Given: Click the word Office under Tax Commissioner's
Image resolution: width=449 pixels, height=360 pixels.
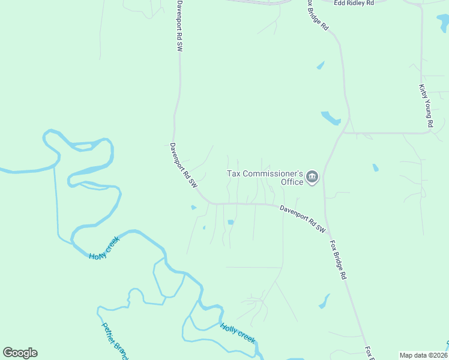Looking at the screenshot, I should [292, 182].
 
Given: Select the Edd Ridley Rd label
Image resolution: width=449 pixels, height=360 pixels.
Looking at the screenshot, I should [354, 3].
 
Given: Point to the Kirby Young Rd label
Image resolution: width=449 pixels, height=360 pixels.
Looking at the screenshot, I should [426, 106].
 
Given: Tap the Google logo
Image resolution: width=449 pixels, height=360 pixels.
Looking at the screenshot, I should [20, 353].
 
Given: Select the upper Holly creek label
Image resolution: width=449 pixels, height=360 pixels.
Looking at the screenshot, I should [104, 247].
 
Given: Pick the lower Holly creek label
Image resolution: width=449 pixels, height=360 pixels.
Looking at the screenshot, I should [238, 334].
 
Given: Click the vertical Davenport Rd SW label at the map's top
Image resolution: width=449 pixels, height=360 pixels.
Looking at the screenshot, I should [179, 26].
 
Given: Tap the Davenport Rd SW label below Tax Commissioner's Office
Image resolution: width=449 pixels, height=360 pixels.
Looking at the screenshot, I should [303, 219].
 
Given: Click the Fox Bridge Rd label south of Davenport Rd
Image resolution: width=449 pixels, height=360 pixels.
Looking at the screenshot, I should [338, 260].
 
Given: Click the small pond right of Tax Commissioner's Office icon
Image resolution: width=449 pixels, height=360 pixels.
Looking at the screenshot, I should [376, 167].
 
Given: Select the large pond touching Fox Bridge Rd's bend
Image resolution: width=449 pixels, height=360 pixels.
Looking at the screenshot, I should [331, 118].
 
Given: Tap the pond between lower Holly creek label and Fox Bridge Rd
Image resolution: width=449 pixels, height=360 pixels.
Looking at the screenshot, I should [324, 301].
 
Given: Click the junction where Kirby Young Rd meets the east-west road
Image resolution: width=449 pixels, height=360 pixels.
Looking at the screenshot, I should [427, 133].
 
